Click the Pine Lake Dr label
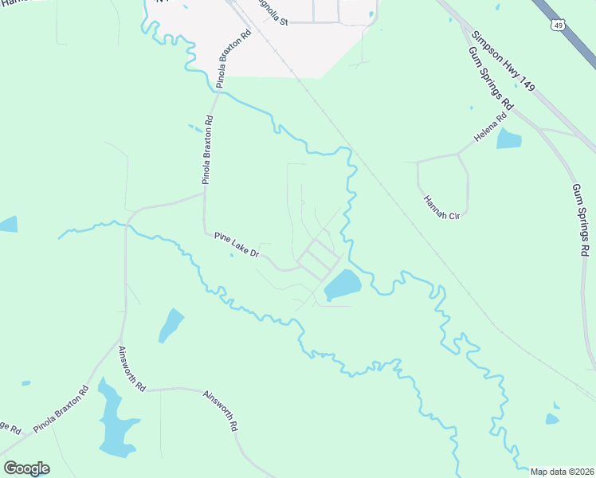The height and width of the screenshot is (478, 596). [237, 245]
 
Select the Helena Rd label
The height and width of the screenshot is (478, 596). [490, 129]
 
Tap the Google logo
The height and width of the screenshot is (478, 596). [26, 468]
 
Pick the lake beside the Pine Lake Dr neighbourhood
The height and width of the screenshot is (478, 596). [342, 284]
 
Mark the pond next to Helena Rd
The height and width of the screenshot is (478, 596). [508, 139]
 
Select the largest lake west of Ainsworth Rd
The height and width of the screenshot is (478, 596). [116, 421]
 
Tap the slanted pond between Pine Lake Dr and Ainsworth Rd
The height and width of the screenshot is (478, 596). [171, 325]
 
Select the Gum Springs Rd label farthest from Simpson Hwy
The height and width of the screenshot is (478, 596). [579, 219]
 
